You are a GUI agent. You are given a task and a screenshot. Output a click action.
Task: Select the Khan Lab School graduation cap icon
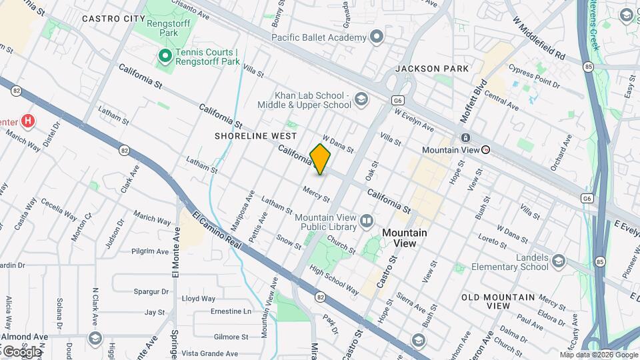361,100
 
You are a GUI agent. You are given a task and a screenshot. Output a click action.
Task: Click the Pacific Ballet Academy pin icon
377,37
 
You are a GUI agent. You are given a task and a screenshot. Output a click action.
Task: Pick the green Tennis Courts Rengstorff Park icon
163,57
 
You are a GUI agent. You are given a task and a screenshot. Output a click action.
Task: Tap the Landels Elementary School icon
558,261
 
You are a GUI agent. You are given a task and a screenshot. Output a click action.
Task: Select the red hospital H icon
27,121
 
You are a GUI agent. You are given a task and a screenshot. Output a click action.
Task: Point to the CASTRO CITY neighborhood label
113,19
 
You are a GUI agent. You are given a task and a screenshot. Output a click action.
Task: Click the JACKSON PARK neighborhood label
432,69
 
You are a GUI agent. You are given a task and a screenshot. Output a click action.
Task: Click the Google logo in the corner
21,351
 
